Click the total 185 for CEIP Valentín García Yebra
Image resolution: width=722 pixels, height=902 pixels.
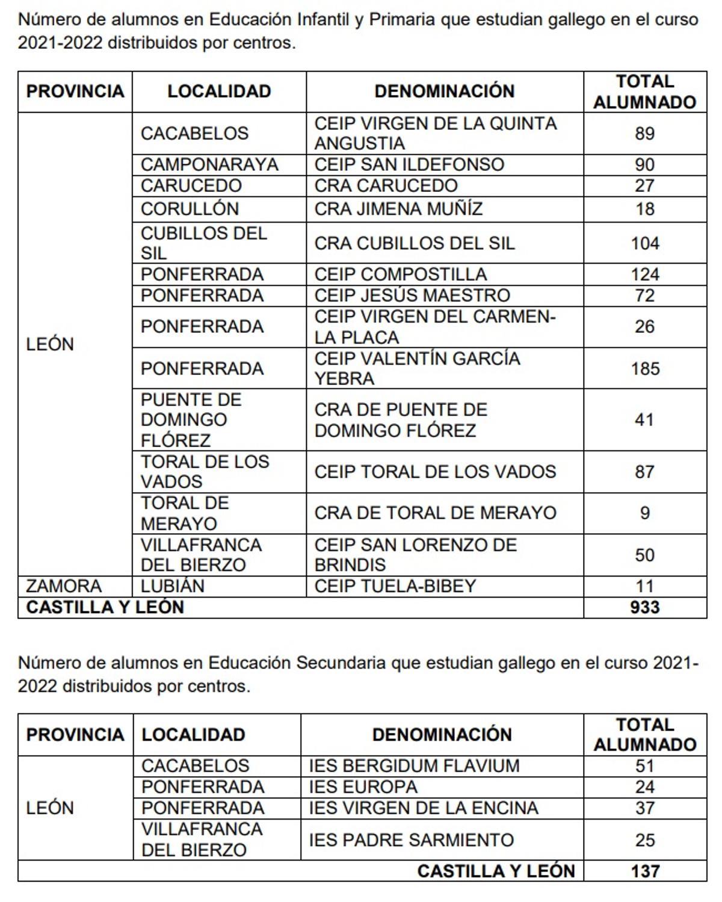644,368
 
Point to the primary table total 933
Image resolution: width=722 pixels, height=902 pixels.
644,607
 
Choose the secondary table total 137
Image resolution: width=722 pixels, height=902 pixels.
644,871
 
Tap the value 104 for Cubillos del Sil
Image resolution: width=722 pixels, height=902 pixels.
644,243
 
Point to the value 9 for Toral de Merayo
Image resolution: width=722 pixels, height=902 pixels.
644,513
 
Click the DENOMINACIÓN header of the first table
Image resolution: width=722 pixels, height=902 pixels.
444,91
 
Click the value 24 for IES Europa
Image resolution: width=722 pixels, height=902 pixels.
644,786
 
